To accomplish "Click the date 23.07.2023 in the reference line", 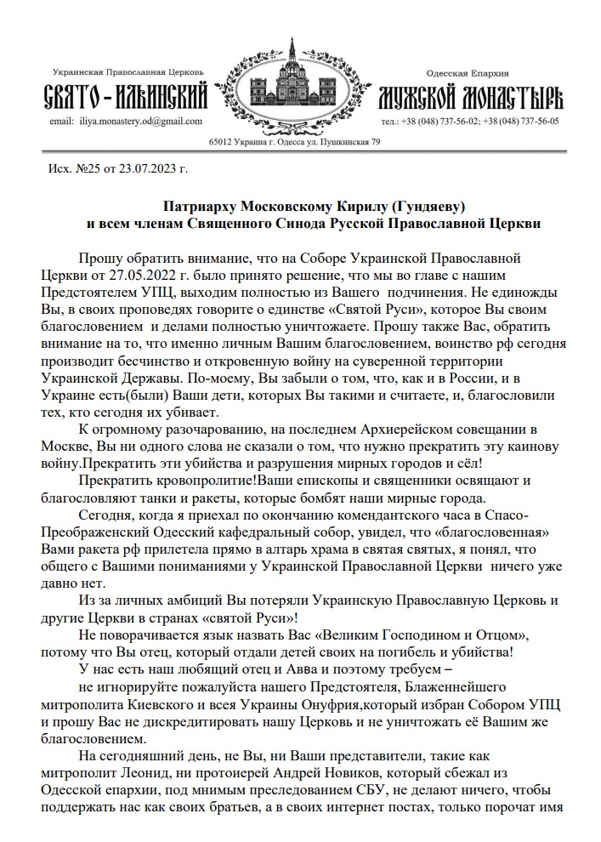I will point(145,168).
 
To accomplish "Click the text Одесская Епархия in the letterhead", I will point(467,75).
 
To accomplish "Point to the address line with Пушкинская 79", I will point(295,141).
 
